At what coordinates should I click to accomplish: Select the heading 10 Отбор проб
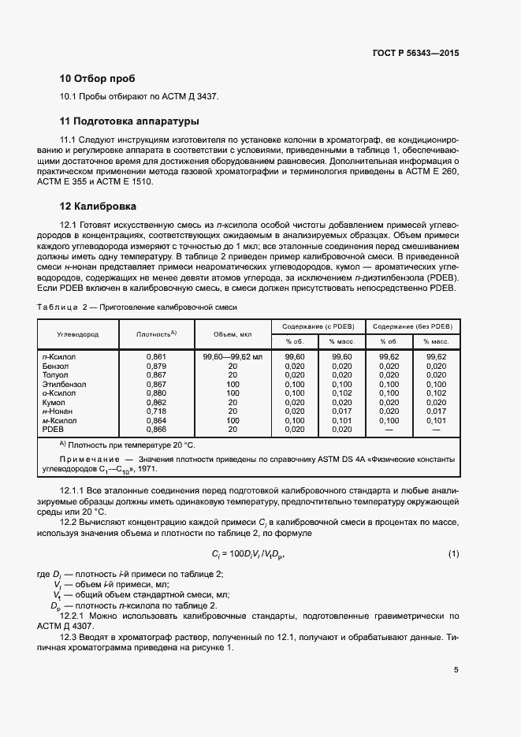(x=97, y=79)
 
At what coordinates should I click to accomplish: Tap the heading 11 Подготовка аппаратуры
(x=128, y=121)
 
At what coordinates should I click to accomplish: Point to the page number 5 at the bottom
(x=456, y=670)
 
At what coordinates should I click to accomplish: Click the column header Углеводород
(x=77, y=334)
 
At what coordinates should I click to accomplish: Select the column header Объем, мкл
(x=232, y=334)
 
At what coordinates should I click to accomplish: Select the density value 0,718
(x=156, y=411)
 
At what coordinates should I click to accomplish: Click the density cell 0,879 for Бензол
(x=156, y=366)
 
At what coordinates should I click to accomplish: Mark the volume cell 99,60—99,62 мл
(x=232, y=357)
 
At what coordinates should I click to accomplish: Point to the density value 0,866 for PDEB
(x=156, y=429)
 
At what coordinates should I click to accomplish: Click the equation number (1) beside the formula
(x=453, y=553)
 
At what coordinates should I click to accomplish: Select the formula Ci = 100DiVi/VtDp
(x=247, y=553)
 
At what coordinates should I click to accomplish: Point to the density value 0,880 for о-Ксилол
(x=156, y=393)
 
